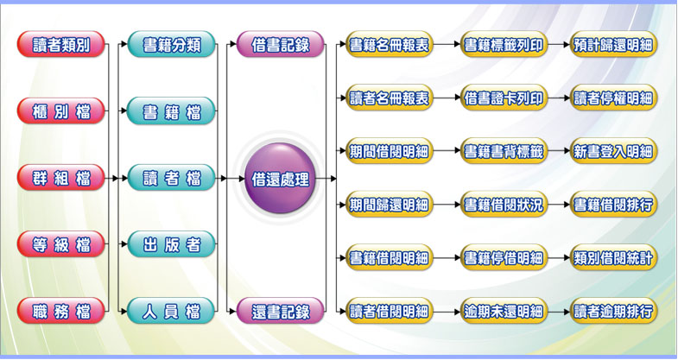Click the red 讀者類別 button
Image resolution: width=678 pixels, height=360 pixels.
(x=60, y=45)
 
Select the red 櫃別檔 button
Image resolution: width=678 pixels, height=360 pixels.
(x=60, y=111)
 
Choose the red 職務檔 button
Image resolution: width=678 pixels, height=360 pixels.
(x=60, y=311)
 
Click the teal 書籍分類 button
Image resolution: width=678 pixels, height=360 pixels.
(x=172, y=45)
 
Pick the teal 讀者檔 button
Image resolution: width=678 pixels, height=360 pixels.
(x=172, y=179)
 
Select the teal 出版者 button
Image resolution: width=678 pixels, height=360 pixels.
(x=172, y=244)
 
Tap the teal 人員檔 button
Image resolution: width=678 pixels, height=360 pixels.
(x=172, y=311)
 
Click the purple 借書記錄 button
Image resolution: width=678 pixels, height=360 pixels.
(x=280, y=45)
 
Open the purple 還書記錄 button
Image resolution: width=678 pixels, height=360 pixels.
(x=280, y=311)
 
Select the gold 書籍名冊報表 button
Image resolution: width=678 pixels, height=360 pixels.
(x=389, y=45)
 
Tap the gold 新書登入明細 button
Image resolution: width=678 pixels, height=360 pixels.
(x=613, y=152)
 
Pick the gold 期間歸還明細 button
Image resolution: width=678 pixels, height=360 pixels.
(x=389, y=205)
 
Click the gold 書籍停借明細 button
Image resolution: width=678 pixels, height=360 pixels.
(x=504, y=257)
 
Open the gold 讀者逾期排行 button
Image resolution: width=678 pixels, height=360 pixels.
(x=613, y=311)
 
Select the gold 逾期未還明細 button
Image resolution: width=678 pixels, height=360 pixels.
(x=504, y=311)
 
